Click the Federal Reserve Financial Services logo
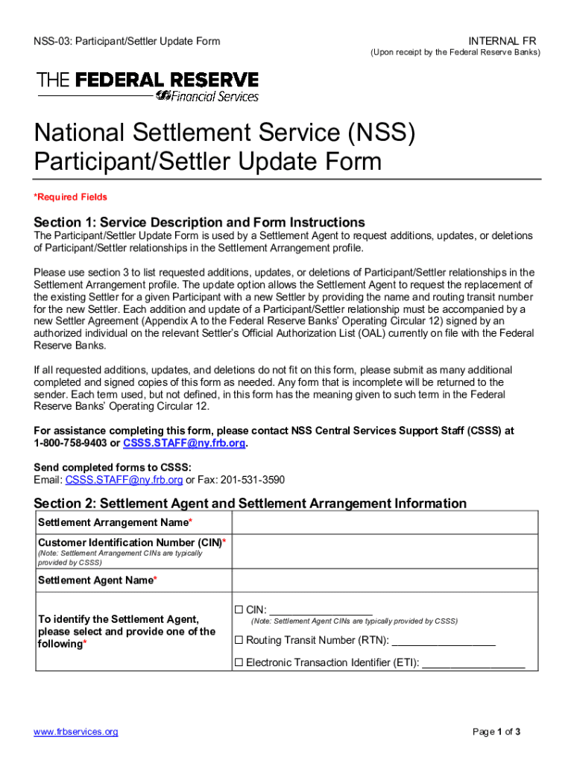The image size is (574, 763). [148, 86]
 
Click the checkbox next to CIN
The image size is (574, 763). [239, 609]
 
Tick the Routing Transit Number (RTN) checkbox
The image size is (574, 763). [239, 640]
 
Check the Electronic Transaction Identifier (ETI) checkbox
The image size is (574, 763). [239, 662]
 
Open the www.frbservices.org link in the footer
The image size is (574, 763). [76, 732]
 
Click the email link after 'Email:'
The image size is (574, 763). [124, 480]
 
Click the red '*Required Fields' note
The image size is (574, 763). [71, 197]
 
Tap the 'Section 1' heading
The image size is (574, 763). [199, 222]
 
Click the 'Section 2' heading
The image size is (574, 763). [250, 503]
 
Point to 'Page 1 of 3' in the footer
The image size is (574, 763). [496, 732]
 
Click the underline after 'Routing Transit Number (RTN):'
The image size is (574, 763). [443, 642]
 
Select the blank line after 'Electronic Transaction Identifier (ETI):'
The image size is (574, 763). [473, 664]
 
